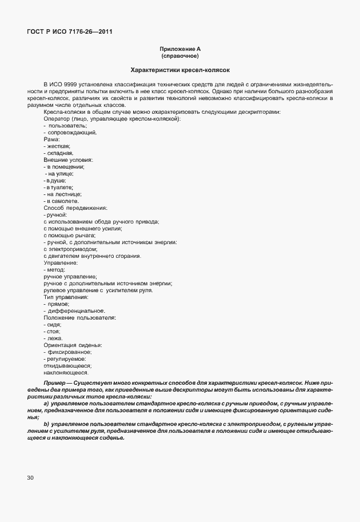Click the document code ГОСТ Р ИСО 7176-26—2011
(69, 31)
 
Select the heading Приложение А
(180, 50)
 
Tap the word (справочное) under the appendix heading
(180, 57)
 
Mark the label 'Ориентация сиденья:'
(73, 345)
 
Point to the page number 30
(31, 477)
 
